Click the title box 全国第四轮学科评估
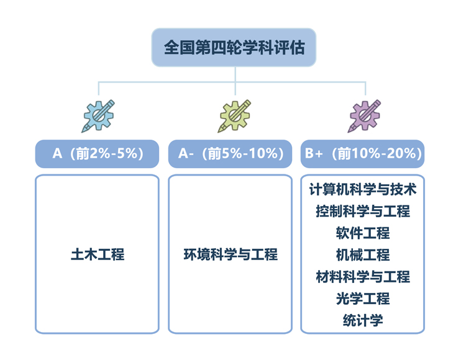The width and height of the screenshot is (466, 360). tap(234, 48)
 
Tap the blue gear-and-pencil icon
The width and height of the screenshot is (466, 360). tap(98, 116)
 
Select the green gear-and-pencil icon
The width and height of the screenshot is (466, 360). tap(234, 116)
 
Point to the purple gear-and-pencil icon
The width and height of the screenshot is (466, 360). tap(364, 116)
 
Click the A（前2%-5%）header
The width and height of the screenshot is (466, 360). tap(97, 154)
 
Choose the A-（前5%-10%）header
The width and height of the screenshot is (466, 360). tap(230, 154)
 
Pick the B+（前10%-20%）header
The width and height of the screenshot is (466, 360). tap(363, 154)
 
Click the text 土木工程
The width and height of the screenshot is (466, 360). tap(98, 254)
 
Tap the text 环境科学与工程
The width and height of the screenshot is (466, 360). tap(231, 254)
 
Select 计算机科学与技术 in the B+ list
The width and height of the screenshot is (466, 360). tap(363, 189)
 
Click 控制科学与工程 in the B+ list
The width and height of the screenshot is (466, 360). tap(363, 211)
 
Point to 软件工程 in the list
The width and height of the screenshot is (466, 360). tap(363, 233)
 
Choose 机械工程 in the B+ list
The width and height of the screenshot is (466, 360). tap(363, 255)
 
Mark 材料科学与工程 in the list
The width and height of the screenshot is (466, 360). tap(363, 277)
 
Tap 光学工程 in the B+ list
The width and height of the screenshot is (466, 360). tap(363, 299)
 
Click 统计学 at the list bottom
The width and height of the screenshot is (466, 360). tap(363, 320)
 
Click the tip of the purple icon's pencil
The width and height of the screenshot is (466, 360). tap(349, 132)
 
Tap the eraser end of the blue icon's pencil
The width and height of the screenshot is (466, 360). tap(112, 102)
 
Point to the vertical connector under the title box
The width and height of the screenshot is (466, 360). tap(235, 81)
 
